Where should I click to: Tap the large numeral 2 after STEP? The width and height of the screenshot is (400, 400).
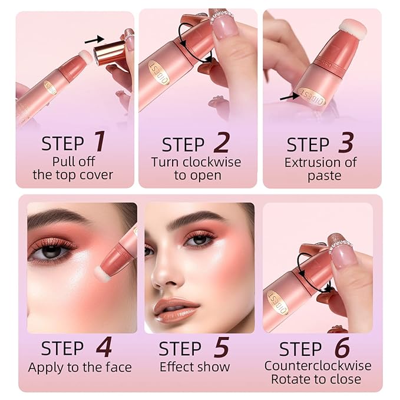tap(221, 143)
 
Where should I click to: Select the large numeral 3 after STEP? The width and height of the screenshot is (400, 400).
tap(347, 143)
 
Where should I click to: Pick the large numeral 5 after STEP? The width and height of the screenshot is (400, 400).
tap(221, 348)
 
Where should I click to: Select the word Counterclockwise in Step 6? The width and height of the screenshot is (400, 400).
tap(318, 366)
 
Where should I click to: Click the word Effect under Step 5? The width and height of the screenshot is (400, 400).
tap(178, 366)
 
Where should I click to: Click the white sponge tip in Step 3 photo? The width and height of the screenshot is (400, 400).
tap(353, 29)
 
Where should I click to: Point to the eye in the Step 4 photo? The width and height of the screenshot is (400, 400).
tap(53, 251)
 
